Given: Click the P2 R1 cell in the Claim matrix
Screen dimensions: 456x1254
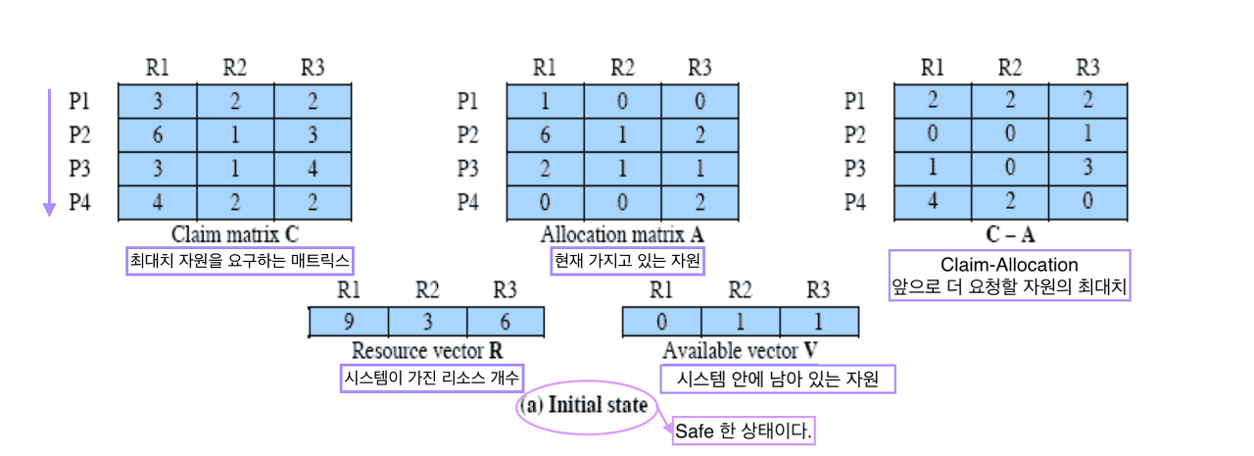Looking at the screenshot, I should [157, 134].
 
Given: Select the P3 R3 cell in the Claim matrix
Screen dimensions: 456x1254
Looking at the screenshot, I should [313, 170].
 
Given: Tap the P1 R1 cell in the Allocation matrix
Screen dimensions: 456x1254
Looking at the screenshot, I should [544, 101].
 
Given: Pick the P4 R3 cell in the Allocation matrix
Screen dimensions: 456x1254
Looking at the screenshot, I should [699, 204].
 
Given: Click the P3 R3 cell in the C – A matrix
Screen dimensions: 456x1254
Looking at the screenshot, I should [1087, 170].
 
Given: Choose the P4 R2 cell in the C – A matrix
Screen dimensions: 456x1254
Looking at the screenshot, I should [1010, 204].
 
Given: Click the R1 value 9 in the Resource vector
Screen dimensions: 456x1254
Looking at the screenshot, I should [348, 322].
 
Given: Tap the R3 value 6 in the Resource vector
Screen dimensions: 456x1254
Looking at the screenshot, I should [505, 322].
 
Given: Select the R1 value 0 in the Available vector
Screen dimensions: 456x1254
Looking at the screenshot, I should [662, 322].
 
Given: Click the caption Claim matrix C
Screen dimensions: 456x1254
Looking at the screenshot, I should [235, 235].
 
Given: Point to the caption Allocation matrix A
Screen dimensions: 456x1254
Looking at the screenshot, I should [622, 235].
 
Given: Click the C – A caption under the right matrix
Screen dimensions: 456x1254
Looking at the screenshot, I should [1009, 235].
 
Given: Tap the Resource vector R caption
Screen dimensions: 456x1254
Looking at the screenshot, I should [427, 351].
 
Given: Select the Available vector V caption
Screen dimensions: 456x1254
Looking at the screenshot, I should [741, 351].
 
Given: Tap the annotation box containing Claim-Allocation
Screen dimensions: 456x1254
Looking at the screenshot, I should [1009, 276].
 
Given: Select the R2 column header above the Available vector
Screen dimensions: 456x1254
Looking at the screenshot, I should [741, 290].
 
